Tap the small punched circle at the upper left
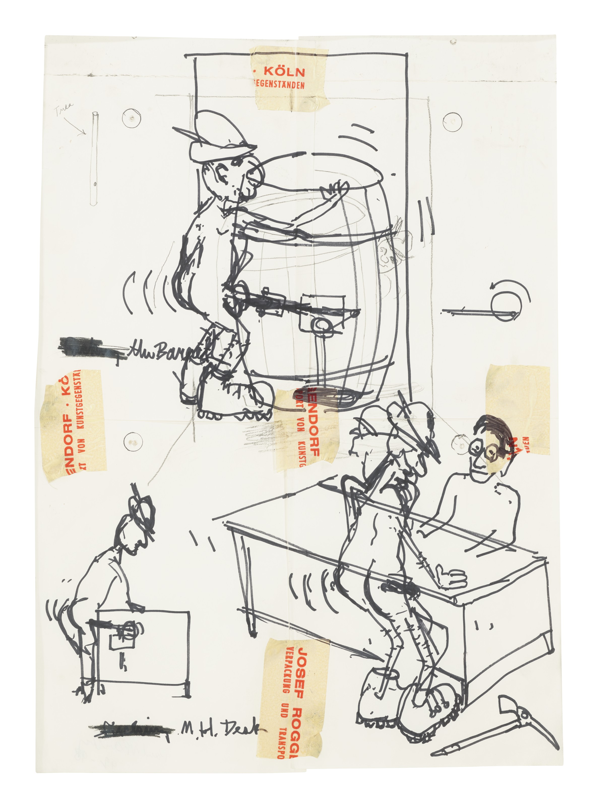131,118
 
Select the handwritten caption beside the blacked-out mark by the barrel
167,349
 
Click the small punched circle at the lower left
133,441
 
